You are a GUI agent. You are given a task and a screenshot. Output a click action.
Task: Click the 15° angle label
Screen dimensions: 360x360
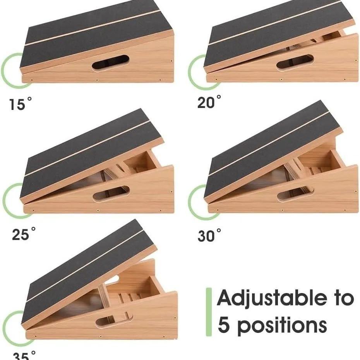[21, 104]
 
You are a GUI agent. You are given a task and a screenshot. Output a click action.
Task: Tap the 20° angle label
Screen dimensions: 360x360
[209, 102]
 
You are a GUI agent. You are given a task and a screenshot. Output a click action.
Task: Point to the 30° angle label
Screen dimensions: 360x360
[209, 235]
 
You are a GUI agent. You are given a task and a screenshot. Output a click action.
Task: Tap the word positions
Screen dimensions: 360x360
[282, 326]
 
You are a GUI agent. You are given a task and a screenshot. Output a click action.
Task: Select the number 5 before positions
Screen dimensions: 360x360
[224, 325]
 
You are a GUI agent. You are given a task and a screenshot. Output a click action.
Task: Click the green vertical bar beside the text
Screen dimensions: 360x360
[209, 312]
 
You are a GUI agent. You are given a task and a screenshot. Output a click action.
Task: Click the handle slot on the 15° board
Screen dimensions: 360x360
[110, 62]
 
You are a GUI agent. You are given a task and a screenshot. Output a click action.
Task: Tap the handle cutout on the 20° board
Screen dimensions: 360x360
[295, 62]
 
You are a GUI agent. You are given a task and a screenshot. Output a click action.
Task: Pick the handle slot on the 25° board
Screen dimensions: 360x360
[111, 193]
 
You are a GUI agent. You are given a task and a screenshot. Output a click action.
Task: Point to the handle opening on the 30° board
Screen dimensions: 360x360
[295, 193]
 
